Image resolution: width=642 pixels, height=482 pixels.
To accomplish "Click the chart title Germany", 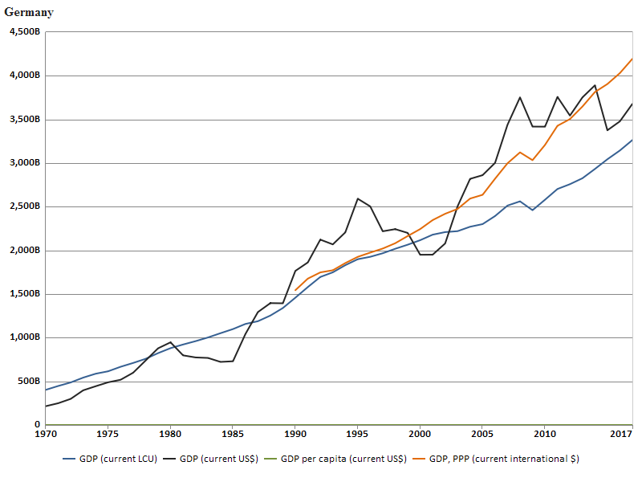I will coord(29,12).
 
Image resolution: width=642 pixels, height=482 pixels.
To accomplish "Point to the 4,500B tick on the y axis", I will coord(24,32).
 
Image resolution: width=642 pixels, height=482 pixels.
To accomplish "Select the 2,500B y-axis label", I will coord(24,206).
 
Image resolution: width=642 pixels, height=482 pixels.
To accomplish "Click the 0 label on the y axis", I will coord(37,425).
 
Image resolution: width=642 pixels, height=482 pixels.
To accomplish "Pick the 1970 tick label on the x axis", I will coord(46,435).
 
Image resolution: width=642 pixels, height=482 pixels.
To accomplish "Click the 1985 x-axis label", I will coord(233,435).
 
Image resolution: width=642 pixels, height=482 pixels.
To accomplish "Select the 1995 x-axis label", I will coord(357,435).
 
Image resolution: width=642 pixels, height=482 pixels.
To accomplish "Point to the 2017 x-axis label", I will coord(621,435).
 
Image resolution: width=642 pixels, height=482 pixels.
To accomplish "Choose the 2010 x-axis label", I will coord(545,435).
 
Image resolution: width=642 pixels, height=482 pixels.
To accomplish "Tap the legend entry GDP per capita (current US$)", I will coord(332,459).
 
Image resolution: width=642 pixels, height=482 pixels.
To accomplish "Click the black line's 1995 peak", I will coord(358,198).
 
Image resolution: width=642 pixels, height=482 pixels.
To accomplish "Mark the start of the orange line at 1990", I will coord(295,290).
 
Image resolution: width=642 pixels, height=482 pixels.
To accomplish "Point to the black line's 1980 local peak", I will coord(171,342).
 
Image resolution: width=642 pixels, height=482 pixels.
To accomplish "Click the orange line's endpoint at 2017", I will coord(632,59).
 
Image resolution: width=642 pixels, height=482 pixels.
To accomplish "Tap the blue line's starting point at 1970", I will coord(46,390).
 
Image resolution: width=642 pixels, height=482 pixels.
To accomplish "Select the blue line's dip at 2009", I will coord(532,210).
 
